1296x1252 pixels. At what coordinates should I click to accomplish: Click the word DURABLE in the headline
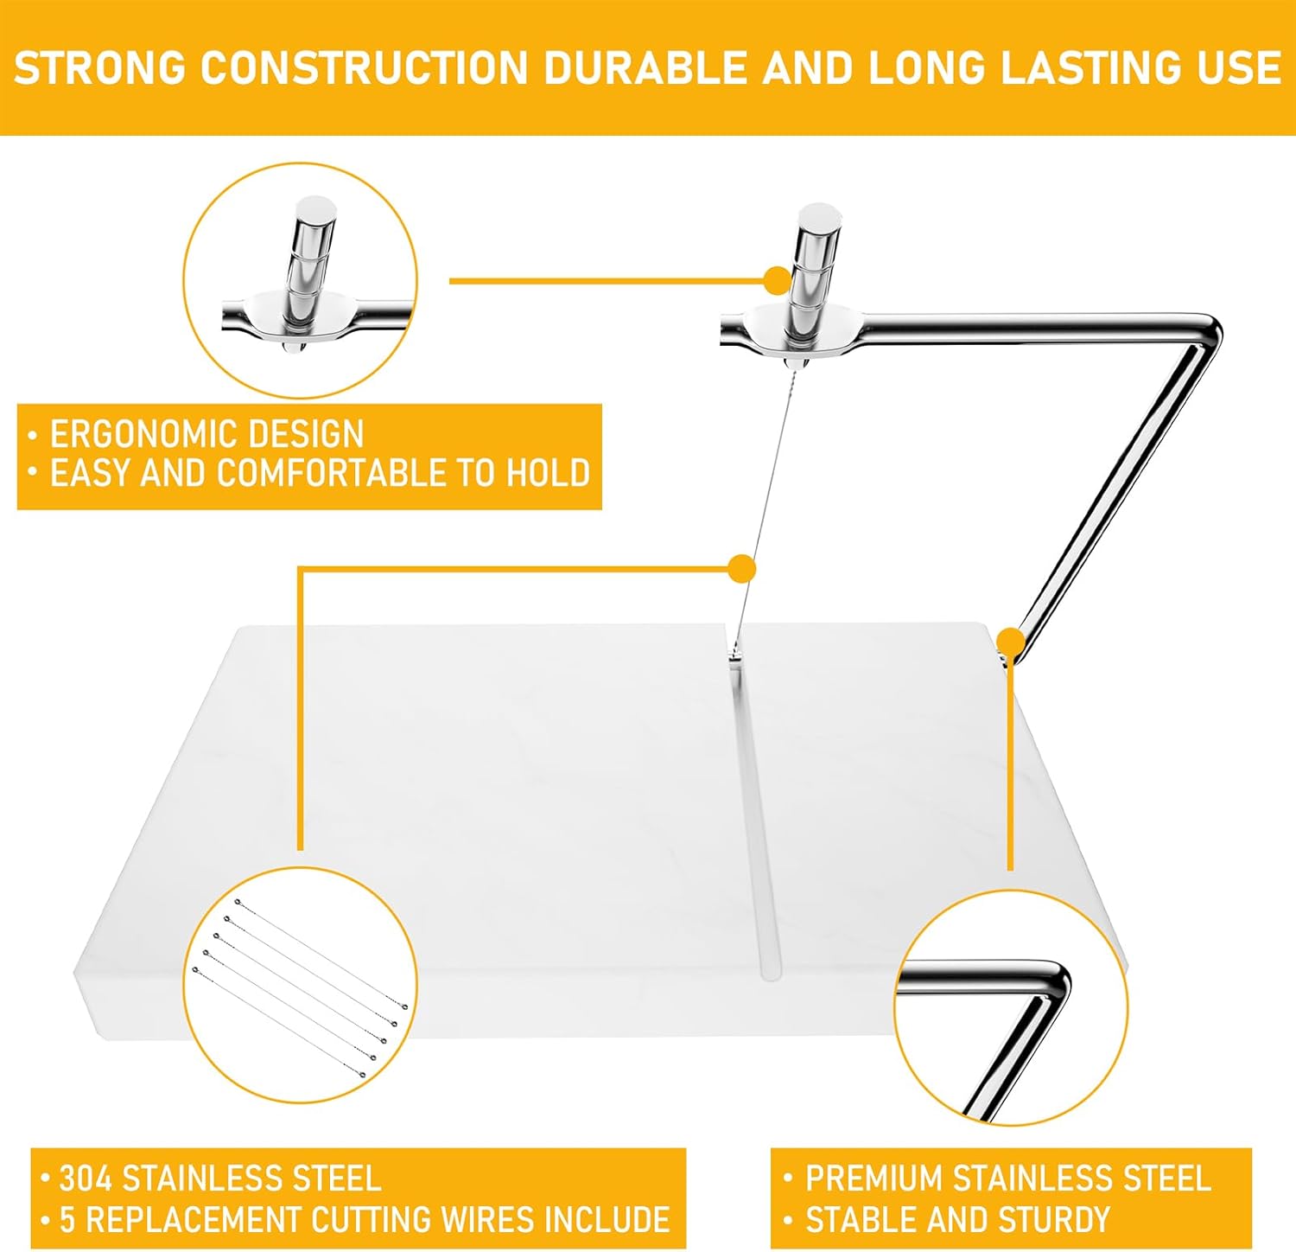click(646, 68)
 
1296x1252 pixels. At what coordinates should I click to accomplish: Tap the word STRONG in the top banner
click(100, 68)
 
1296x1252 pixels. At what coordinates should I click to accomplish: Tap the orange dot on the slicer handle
click(778, 280)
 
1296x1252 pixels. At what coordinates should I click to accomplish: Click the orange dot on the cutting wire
click(742, 569)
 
